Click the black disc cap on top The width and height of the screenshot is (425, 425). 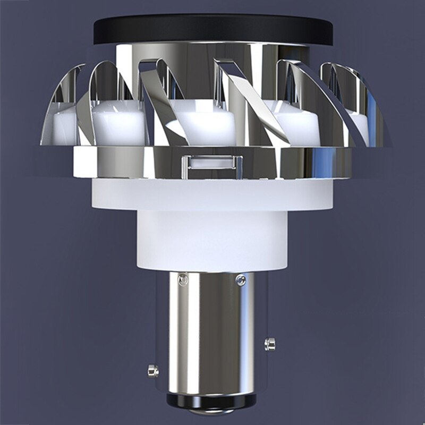tap(212, 29)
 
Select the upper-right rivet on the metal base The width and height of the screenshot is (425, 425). tap(241, 279)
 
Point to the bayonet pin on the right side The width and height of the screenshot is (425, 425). tap(270, 344)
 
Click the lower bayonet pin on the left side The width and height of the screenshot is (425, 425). tap(153, 370)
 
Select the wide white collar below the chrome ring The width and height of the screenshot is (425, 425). tap(212, 194)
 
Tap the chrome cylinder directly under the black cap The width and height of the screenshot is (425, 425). tap(212, 58)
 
